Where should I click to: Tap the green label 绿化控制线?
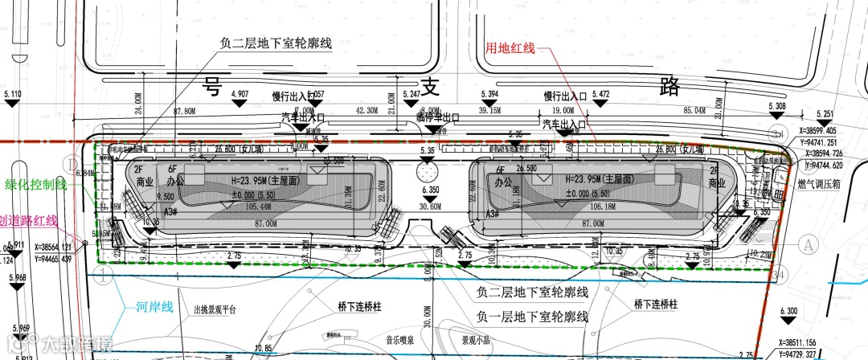pyautogui.click(x=33, y=184)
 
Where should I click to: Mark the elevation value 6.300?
pyautogui.click(x=789, y=311)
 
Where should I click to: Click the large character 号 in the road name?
pyautogui.click(x=211, y=85)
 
